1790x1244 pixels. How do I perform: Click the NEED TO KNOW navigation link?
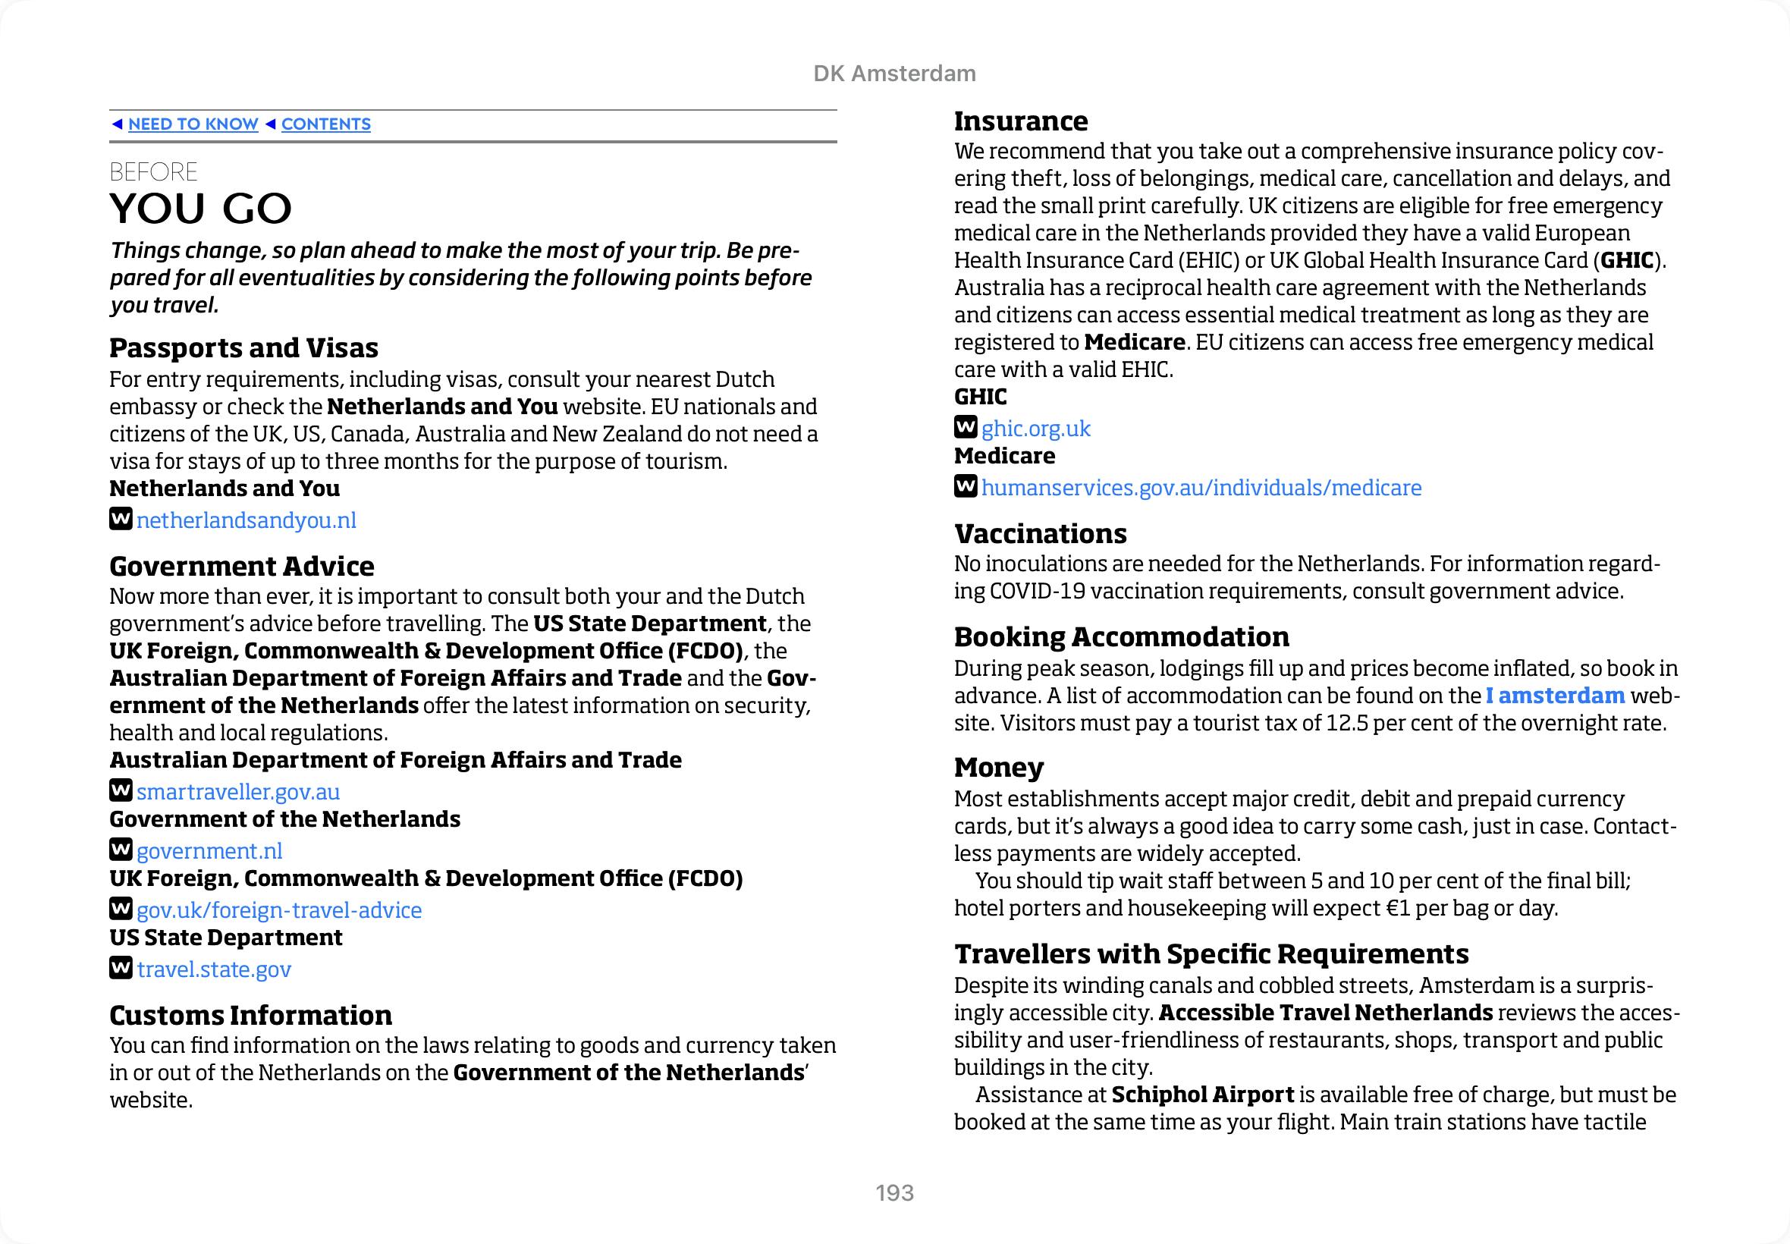[x=193, y=124]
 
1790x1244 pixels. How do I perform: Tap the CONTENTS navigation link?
[x=325, y=124]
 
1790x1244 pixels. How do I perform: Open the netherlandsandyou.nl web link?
[x=247, y=520]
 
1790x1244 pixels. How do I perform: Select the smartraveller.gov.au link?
[x=237, y=792]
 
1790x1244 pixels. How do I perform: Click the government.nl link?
[x=209, y=851]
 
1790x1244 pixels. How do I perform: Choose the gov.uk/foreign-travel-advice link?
[x=279, y=910]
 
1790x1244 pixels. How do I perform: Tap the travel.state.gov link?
[x=215, y=969]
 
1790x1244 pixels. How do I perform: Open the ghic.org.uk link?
[x=1035, y=429]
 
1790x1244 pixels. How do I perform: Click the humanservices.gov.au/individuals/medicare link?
[x=1201, y=488]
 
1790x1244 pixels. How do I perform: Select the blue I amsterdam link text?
[x=1555, y=696]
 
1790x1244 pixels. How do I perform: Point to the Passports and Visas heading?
[x=243, y=347]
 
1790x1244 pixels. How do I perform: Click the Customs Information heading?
[x=250, y=1016]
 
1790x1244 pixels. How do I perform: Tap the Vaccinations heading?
[x=1041, y=534]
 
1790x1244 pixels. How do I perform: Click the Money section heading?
[x=998, y=768]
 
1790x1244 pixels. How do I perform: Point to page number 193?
[x=894, y=1192]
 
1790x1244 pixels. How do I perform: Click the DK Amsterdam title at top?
[x=894, y=74]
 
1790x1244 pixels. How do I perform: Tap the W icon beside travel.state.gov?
[x=121, y=968]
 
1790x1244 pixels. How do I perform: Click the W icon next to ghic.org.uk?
[x=966, y=427]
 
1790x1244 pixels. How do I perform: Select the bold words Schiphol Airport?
[x=1202, y=1095]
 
